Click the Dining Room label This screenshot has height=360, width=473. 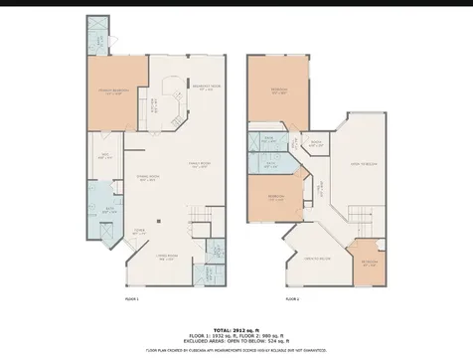pos(148,180)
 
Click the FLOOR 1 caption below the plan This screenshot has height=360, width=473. pos(131,298)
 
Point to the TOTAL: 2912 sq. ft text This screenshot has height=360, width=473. pos(236,328)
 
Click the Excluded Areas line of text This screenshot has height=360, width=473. pos(236,340)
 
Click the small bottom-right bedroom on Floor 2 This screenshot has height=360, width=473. pos(369,263)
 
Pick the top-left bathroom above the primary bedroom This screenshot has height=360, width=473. pos(97,38)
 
